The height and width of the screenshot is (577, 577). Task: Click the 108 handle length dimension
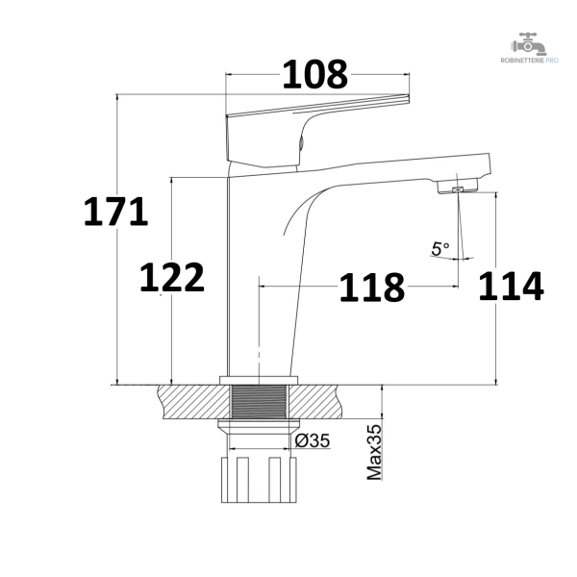[x=315, y=75]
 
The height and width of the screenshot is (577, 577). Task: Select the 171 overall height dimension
[x=116, y=212]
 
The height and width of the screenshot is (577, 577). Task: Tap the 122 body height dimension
[x=172, y=277]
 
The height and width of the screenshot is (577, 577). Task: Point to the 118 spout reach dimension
[x=371, y=288]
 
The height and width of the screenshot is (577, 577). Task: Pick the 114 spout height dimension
[x=512, y=286]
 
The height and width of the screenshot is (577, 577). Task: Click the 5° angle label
[x=440, y=249]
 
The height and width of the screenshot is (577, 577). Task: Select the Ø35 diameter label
[x=313, y=440]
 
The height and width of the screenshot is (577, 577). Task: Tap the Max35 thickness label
[x=375, y=452]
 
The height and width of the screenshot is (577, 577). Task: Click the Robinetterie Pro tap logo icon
[x=529, y=44]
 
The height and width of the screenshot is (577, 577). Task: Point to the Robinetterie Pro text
[x=529, y=61]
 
